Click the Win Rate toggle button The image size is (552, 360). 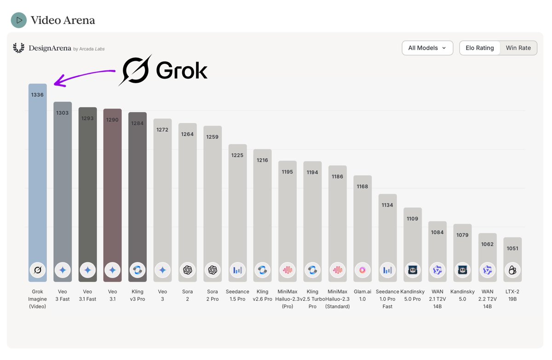(518, 48)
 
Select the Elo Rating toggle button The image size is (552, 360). (479, 48)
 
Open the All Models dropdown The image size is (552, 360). (427, 48)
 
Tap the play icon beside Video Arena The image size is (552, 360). (19, 20)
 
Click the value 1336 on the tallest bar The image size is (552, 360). (37, 95)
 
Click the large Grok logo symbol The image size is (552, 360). (135, 70)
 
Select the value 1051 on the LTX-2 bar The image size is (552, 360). (512, 249)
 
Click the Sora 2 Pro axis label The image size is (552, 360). (213, 295)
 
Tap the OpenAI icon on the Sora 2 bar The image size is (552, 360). (187, 270)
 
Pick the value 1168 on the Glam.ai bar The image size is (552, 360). (362, 187)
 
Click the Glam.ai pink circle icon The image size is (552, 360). (362, 270)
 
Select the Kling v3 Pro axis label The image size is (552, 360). (138, 295)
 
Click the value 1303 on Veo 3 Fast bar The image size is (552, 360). (63, 113)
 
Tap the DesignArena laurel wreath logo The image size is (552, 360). (19, 48)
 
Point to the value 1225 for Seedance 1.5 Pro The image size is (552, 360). (237, 155)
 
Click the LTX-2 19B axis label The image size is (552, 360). (512, 295)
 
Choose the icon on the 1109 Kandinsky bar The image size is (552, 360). (413, 270)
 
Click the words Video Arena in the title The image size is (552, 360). (63, 20)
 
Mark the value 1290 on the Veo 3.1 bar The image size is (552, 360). (113, 120)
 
